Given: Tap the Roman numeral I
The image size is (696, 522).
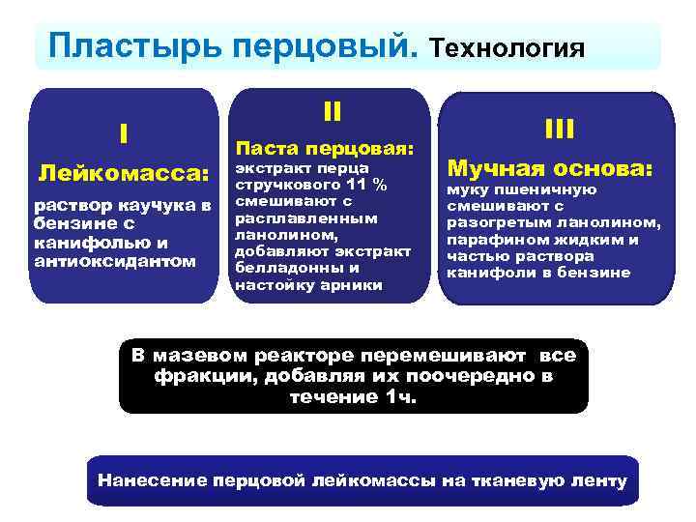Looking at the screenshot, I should click(123, 133).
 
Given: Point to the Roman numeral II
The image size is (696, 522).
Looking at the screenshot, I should click(332, 111).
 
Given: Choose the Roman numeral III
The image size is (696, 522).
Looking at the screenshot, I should click(559, 129).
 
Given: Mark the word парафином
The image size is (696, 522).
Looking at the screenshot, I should click(487, 240).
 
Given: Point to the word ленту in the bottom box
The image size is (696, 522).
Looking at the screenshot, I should click(598, 480).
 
